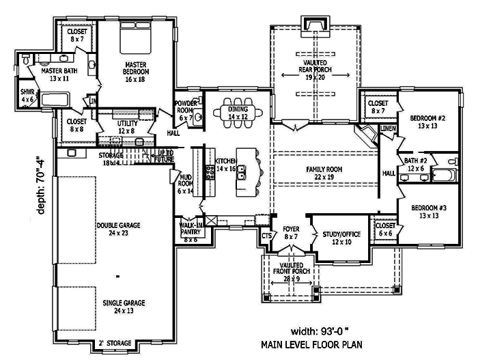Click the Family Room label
pos(324,173)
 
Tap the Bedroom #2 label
pos(427,122)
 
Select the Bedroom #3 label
pos(427,211)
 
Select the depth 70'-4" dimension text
pos(43,186)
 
